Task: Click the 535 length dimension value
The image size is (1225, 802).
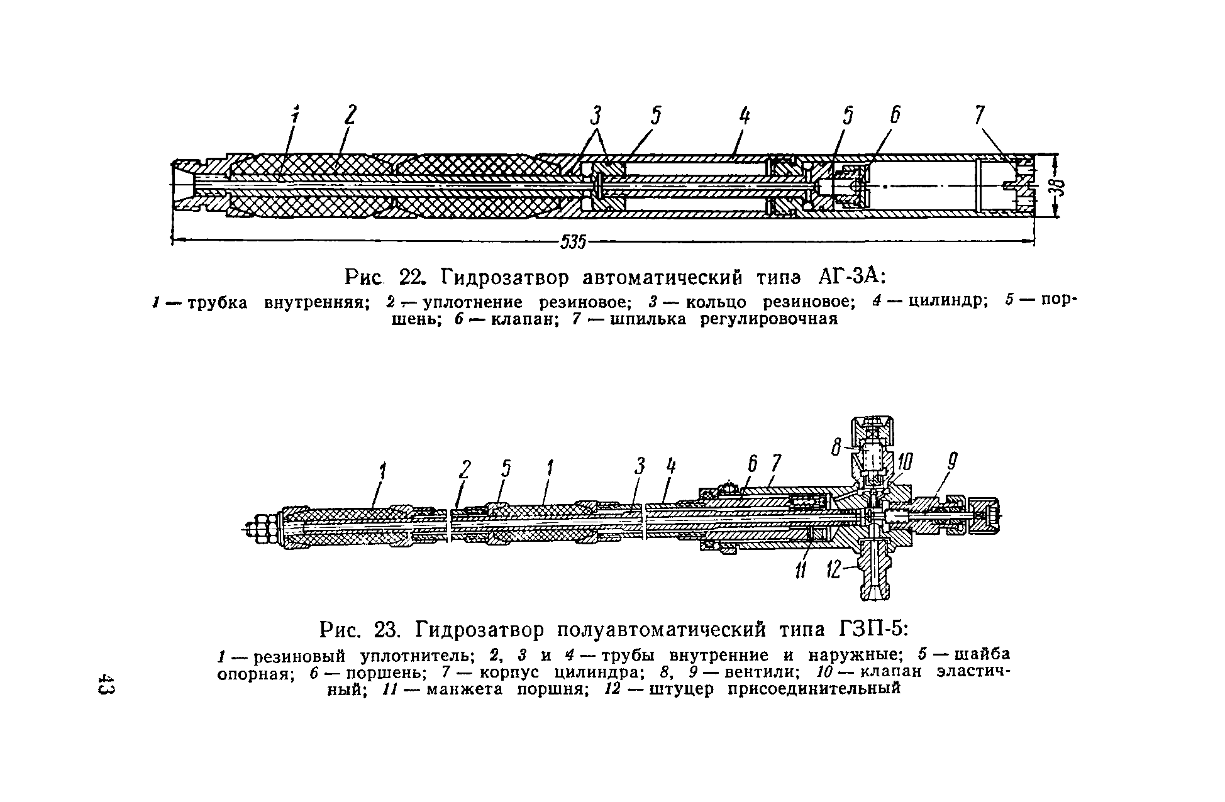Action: click(573, 241)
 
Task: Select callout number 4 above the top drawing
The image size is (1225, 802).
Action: click(744, 117)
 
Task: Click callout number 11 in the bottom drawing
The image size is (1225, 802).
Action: click(801, 571)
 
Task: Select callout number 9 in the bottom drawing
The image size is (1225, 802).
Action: click(952, 464)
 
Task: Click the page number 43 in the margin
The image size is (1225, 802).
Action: click(106, 685)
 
